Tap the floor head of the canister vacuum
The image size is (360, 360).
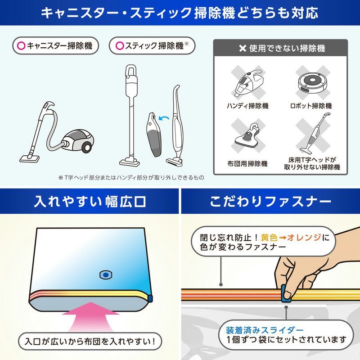click(x=29, y=159)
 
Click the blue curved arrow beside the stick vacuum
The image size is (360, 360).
click(x=164, y=118)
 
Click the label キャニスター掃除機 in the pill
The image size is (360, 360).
click(x=60, y=46)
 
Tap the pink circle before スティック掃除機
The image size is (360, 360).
click(x=120, y=46)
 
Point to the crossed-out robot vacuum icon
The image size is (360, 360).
click(x=312, y=82)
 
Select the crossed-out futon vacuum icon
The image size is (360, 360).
click(x=248, y=135)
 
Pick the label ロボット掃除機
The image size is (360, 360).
click(x=311, y=106)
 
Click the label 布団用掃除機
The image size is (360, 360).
click(x=247, y=164)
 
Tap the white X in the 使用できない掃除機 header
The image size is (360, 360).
click(x=243, y=48)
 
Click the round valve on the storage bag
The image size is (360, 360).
click(x=106, y=274)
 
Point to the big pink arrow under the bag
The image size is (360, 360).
click(x=91, y=317)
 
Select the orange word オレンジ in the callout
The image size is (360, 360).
click(x=304, y=237)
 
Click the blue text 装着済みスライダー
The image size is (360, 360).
click(x=265, y=330)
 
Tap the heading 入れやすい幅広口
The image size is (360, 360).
click(x=90, y=202)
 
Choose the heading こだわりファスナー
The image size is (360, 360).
click(x=270, y=201)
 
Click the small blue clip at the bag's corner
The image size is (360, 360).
click(x=150, y=298)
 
